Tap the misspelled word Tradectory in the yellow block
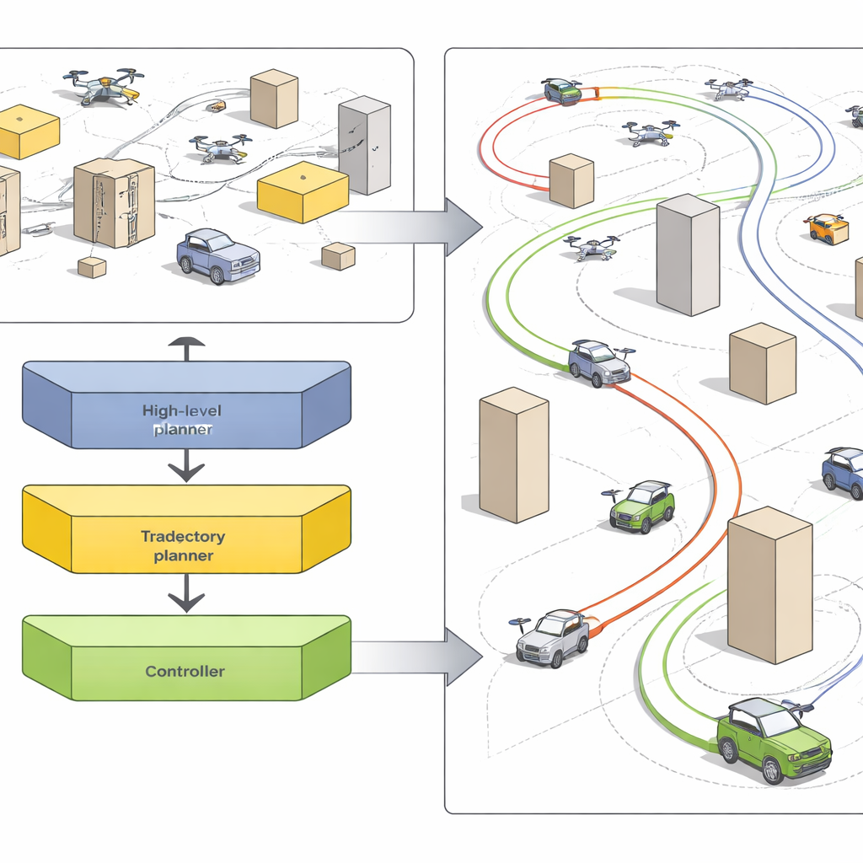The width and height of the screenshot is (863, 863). pyautogui.click(x=183, y=536)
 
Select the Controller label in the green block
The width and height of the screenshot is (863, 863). pyautogui.click(x=185, y=672)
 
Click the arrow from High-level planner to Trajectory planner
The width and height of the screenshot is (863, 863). pyautogui.click(x=185, y=466)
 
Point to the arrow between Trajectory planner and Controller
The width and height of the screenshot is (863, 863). pyautogui.click(x=185, y=598)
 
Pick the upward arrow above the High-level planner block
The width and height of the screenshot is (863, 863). pyautogui.click(x=185, y=346)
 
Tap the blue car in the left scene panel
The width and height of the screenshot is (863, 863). pyautogui.click(x=217, y=255)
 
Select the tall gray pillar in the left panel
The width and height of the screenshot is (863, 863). pyautogui.click(x=364, y=145)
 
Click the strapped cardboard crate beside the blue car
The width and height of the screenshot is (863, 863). pyautogui.click(x=115, y=202)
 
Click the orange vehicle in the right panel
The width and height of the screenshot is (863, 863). pyautogui.click(x=827, y=228)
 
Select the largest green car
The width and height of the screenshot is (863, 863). pyautogui.click(x=772, y=737)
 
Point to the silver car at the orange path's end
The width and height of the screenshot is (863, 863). pyautogui.click(x=553, y=639)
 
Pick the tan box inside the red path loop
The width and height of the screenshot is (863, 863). pyautogui.click(x=572, y=180)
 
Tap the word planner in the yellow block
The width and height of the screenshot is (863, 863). pyautogui.click(x=183, y=555)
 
